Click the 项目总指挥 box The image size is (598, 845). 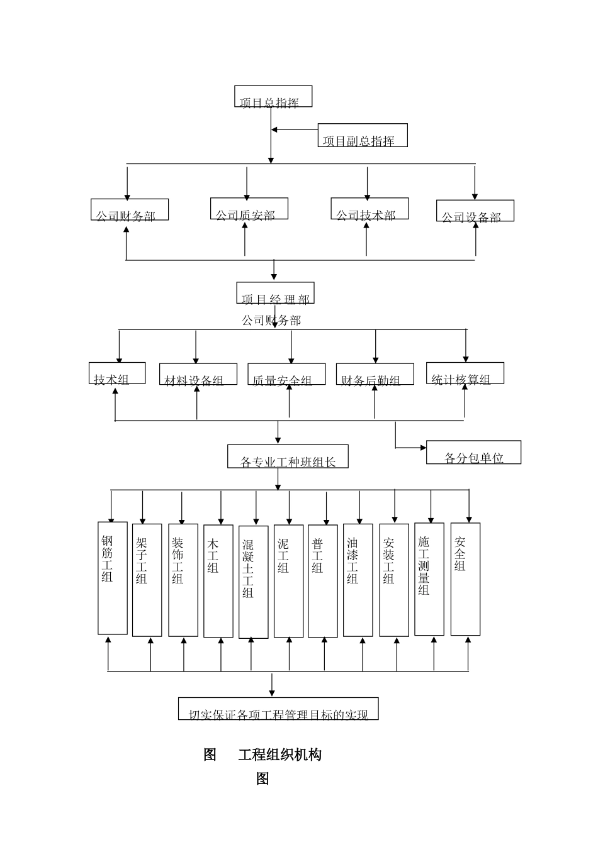click(x=273, y=97)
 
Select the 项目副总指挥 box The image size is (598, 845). click(x=363, y=135)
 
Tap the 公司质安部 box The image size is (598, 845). click(x=249, y=209)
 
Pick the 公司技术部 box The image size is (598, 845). click(x=370, y=209)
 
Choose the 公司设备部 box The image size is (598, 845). click(x=475, y=211)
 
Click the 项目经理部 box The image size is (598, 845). click(x=275, y=293)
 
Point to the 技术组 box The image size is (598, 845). click(x=117, y=373)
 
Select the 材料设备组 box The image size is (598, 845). click(x=198, y=374)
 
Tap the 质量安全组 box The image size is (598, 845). click(x=286, y=374)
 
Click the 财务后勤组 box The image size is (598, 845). click(x=375, y=374)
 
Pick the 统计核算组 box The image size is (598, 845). click(x=465, y=373)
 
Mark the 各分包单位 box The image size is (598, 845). click(x=473, y=452)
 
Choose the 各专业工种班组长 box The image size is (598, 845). click(x=288, y=456)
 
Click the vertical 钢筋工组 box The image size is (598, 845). click(x=113, y=578)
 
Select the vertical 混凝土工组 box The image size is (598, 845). click(x=254, y=582)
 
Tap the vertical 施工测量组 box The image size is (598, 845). click(x=429, y=579)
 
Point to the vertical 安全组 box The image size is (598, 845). click(x=465, y=579)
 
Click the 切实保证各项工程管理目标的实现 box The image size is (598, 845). click(x=278, y=709)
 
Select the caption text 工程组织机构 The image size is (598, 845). click(x=279, y=754)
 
